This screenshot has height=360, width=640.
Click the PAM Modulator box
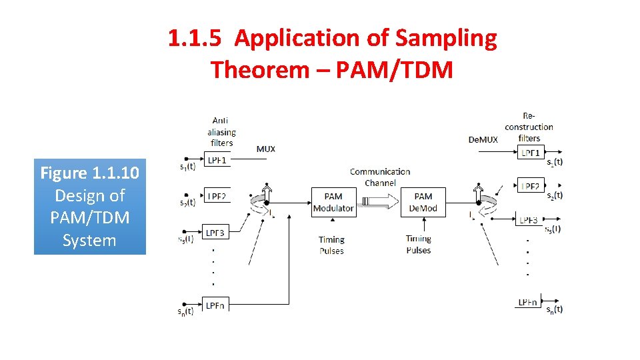click(x=333, y=202)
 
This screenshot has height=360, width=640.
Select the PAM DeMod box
click(x=423, y=202)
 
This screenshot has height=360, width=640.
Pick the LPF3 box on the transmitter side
click(x=215, y=233)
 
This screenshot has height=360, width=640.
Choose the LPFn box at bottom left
click(x=215, y=305)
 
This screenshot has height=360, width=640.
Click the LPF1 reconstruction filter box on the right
click(x=531, y=153)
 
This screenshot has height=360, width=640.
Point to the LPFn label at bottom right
click(x=528, y=303)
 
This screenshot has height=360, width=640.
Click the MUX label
click(x=265, y=149)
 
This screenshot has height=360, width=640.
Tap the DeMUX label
click(x=483, y=139)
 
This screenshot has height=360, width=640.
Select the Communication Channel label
click(x=380, y=177)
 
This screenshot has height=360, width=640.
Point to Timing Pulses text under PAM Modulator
click(x=331, y=245)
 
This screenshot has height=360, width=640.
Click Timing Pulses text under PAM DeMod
click(x=418, y=244)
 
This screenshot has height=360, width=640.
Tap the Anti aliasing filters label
click(x=221, y=131)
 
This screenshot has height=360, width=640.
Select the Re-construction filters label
click(x=529, y=127)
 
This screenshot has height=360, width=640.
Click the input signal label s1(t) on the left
click(x=188, y=166)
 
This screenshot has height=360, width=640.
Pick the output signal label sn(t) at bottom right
click(x=554, y=309)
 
